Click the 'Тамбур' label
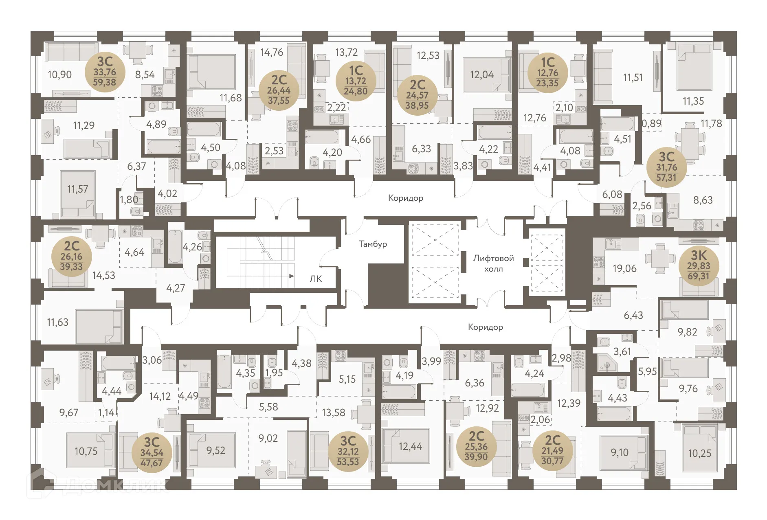click(373, 244)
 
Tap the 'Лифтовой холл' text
click(493, 263)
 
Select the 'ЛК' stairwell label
click(315, 279)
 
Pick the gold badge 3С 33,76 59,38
click(105, 72)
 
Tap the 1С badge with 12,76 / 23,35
click(547, 73)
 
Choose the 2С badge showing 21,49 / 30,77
click(552, 451)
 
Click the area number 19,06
click(624, 269)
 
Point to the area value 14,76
click(272, 53)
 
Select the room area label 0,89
click(651, 123)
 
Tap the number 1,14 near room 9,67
click(106, 412)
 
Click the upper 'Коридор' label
click(405, 198)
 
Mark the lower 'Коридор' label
click(485, 327)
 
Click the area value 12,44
click(410, 447)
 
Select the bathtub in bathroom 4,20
click(322, 137)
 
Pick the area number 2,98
click(561, 358)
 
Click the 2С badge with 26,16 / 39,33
click(71, 257)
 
